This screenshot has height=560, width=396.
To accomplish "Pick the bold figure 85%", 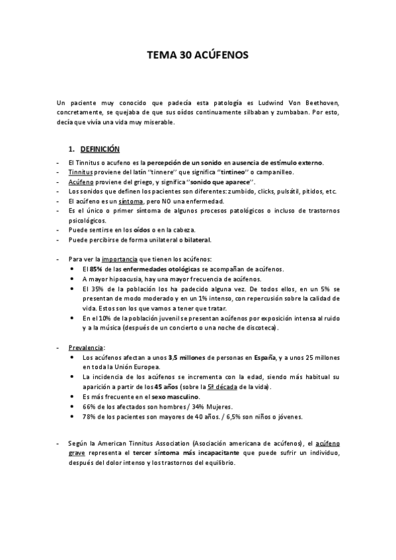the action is (x=96, y=269).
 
